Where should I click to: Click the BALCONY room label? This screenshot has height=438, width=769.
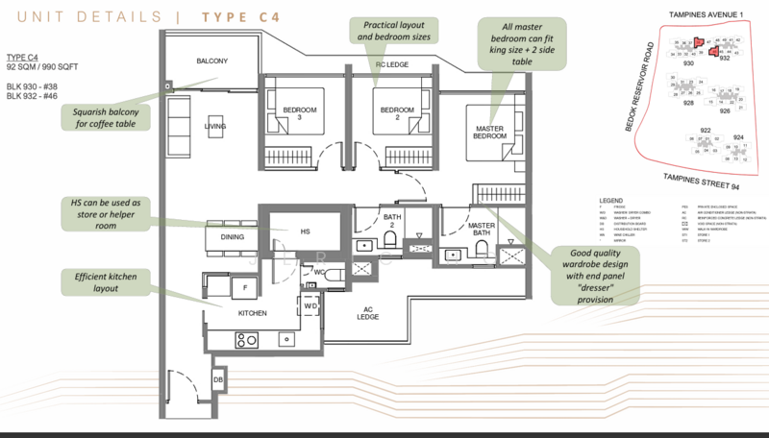click(213, 61)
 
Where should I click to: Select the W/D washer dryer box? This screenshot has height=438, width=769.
click(310, 305)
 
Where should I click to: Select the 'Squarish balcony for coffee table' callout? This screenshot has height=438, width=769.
click(105, 117)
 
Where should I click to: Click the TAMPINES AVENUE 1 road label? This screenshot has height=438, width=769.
click(706, 14)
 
